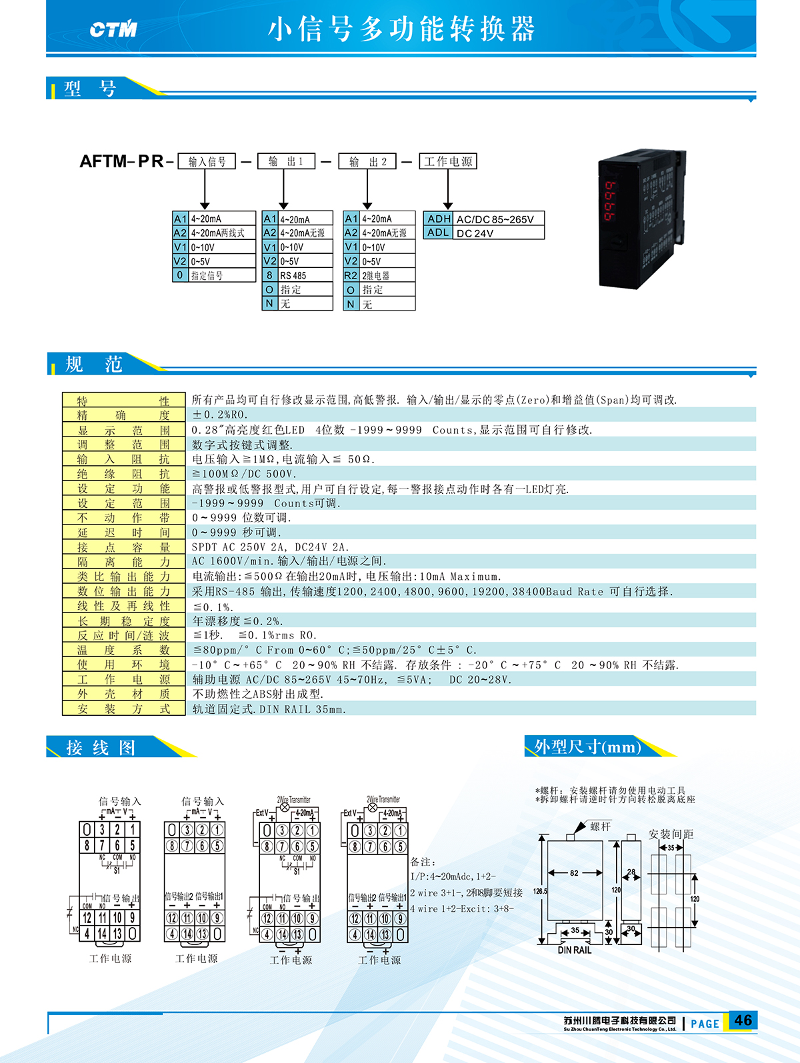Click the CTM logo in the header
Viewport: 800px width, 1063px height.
coord(113,29)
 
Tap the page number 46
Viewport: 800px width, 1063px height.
coord(743,1020)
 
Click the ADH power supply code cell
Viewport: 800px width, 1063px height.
coord(438,219)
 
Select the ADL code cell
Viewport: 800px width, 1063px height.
coord(438,233)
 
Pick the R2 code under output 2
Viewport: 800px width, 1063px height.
coord(351,275)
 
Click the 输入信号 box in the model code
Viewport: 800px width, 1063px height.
coord(207,161)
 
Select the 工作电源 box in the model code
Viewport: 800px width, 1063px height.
coord(448,161)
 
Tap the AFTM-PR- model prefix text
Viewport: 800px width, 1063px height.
coord(127,161)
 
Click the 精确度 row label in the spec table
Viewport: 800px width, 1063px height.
coord(124,415)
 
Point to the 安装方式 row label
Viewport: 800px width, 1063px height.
coord(124,708)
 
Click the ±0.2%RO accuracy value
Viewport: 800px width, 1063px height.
coord(220,415)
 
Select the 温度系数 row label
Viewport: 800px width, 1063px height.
coord(124,649)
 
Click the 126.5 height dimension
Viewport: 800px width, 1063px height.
coord(540,891)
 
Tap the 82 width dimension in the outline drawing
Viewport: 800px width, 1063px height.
coord(575,873)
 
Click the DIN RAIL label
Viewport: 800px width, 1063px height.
coord(575,950)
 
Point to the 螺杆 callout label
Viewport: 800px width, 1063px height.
coord(601,826)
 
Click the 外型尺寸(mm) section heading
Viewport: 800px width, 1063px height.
coord(587,746)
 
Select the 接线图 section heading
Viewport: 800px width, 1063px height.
coord(101,748)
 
